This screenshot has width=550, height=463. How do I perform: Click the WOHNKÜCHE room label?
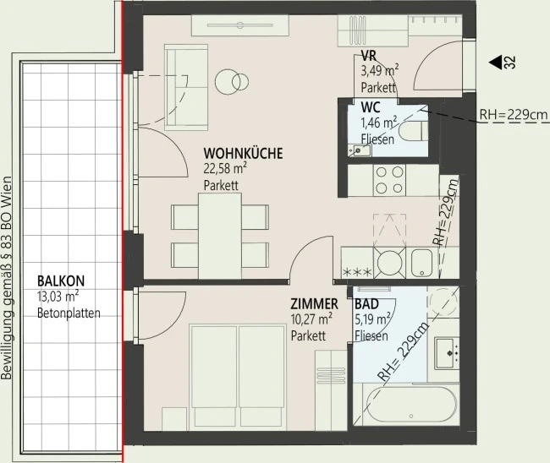pos(243,154)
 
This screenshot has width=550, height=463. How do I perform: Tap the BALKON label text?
pos(61,281)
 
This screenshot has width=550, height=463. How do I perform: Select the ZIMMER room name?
pos(314,303)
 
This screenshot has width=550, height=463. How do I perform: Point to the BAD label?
pos(366,303)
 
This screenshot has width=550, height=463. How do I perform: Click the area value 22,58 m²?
pos(225,169)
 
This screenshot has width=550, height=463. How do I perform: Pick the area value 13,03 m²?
pos(58,297)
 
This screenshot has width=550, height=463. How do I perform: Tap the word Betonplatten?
pos(69,313)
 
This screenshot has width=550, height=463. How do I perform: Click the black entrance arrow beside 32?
pos(495,63)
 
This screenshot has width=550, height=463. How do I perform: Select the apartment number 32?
pos(510,63)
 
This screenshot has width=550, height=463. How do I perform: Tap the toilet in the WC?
pos(414,131)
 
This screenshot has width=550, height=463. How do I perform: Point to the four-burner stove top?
pos(389,180)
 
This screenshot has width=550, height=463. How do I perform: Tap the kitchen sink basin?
pos(421,263)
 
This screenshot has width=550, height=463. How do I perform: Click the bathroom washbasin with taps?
pos(447,352)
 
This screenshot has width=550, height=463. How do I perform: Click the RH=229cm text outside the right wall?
pos(513,115)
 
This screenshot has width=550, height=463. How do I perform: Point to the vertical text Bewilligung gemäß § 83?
pos(7,279)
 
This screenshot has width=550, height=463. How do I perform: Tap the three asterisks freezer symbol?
pos(357,272)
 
